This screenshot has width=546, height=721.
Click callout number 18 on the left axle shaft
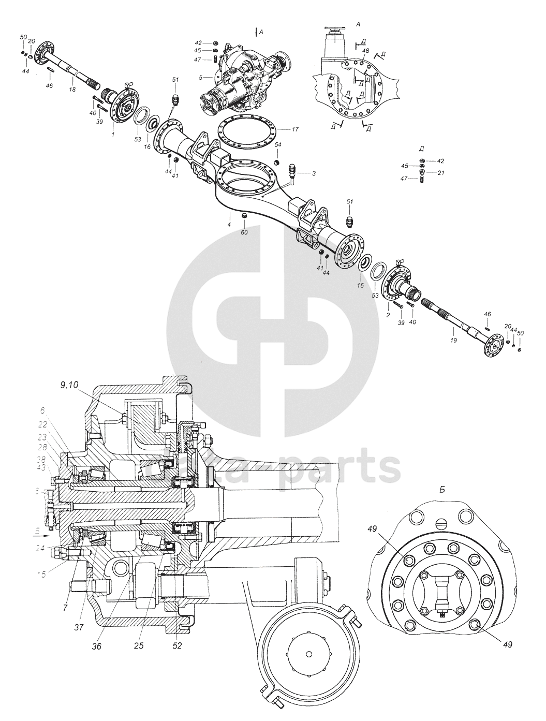point(72,90)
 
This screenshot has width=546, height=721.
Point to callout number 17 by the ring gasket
point(295,129)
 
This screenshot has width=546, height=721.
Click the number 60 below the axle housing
point(244,232)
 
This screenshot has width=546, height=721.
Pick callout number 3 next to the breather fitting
point(313,173)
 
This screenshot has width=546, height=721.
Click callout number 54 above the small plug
point(278,144)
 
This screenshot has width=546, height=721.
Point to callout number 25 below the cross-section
point(138,645)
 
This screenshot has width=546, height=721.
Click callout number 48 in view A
point(365,51)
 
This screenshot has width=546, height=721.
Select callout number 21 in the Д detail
point(440,172)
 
